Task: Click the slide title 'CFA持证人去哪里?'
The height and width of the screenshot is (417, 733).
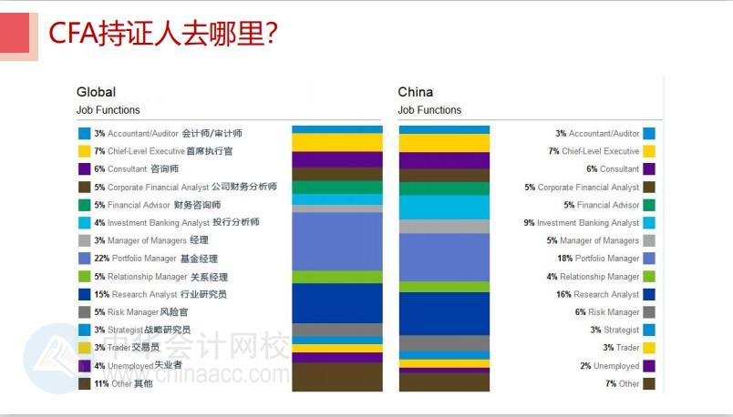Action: coord(163,34)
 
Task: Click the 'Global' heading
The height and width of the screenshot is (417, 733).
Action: coord(96,92)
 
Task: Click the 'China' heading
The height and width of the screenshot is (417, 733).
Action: coord(416,92)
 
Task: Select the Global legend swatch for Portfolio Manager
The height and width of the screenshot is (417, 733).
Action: coord(85,259)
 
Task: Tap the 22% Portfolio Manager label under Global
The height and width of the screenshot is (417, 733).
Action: coord(156,259)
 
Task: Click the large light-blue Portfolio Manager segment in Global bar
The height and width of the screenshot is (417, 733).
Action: coord(336,241)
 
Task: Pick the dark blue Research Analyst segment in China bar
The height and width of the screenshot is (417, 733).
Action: coord(444,313)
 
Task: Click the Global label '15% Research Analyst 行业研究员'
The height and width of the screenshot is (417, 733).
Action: coord(160,294)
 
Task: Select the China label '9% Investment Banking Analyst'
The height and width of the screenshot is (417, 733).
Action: coord(581,223)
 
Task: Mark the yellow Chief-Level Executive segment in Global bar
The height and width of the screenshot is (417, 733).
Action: coord(336,143)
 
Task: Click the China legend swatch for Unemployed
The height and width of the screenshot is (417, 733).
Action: coord(648,366)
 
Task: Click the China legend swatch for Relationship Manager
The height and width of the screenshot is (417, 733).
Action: coord(648,277)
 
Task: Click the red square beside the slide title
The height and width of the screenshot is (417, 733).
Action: coord(19,35)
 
